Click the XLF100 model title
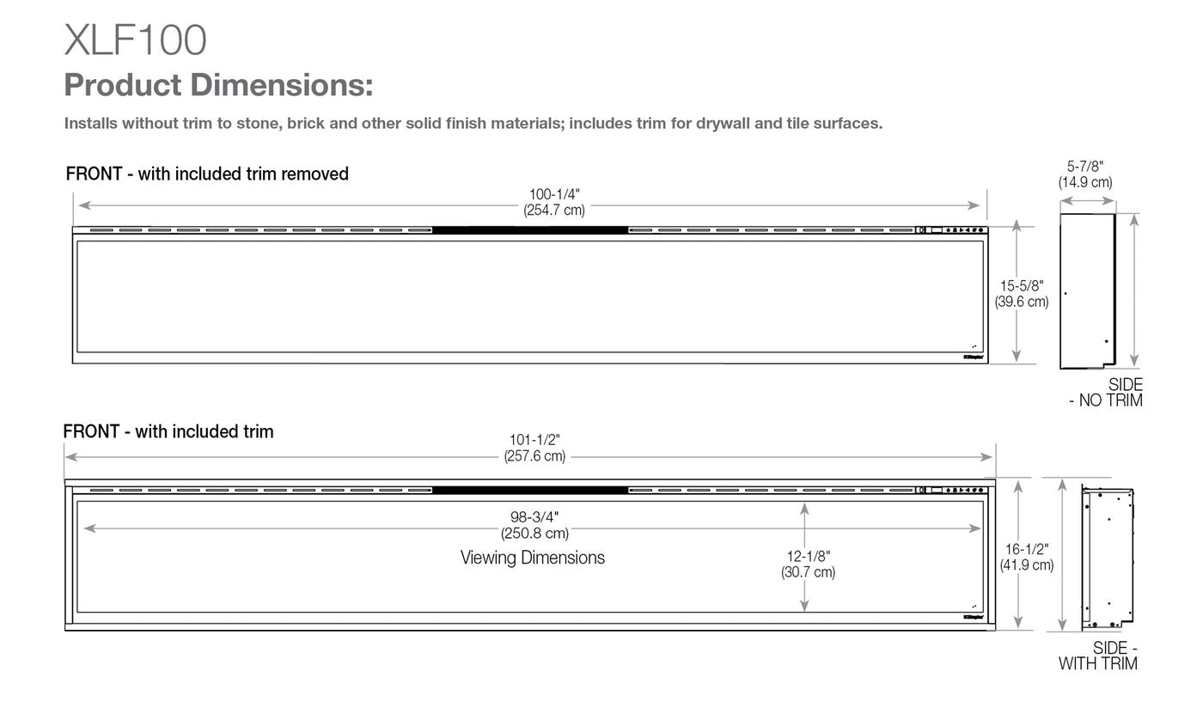pos(135,40)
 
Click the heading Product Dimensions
pos(218,86)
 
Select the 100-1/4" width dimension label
pos(553,195)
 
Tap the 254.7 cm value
pos(553,211)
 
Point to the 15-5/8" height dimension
pos(1021,286)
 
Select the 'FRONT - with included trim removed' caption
pos(207,174)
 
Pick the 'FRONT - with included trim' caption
pos(168,431)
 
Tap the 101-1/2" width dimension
pos(534,441)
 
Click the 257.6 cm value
pos(534,456)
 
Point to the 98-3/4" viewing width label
pos(534,517)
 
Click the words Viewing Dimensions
pos(533,558)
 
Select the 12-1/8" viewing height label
pos(807,557)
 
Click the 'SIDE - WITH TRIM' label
pos(1099,656)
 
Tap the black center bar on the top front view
pos(530,229)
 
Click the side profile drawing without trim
pos(1088,291)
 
